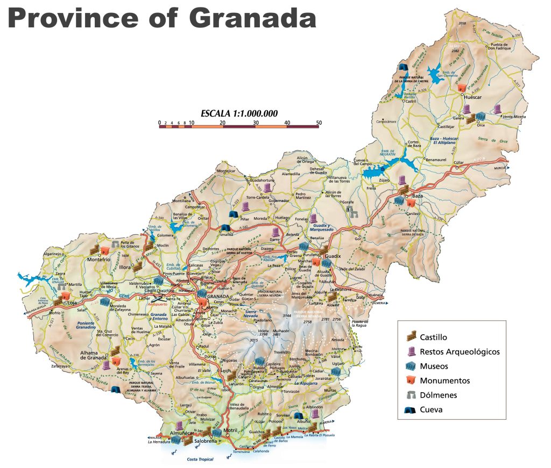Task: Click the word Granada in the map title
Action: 252,18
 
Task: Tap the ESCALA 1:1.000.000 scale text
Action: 239,113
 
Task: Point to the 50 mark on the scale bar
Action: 319,123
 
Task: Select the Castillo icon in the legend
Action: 411,337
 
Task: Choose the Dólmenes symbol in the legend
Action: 411,395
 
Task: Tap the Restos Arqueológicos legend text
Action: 460,352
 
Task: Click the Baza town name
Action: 418,196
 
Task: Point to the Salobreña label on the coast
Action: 206,440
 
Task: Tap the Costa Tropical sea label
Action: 200,459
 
